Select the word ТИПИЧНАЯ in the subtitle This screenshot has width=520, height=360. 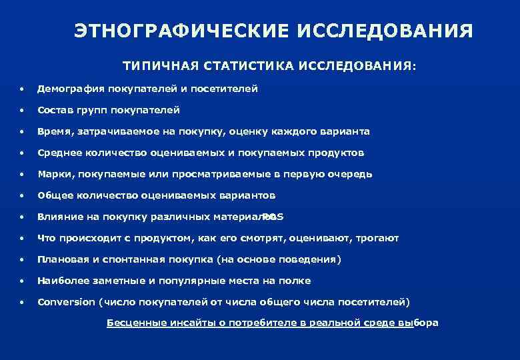coord(155,67)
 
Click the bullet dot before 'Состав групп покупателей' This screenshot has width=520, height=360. coord(23,110)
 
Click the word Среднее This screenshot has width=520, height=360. coord(58,153)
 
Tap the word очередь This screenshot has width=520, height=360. coord(351,174)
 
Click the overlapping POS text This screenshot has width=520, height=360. coord(273,217)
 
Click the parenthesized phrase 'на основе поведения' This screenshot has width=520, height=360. coord(282,259)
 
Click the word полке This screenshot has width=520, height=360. coord(297,281)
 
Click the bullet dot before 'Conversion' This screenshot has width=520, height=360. coord(23,302)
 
